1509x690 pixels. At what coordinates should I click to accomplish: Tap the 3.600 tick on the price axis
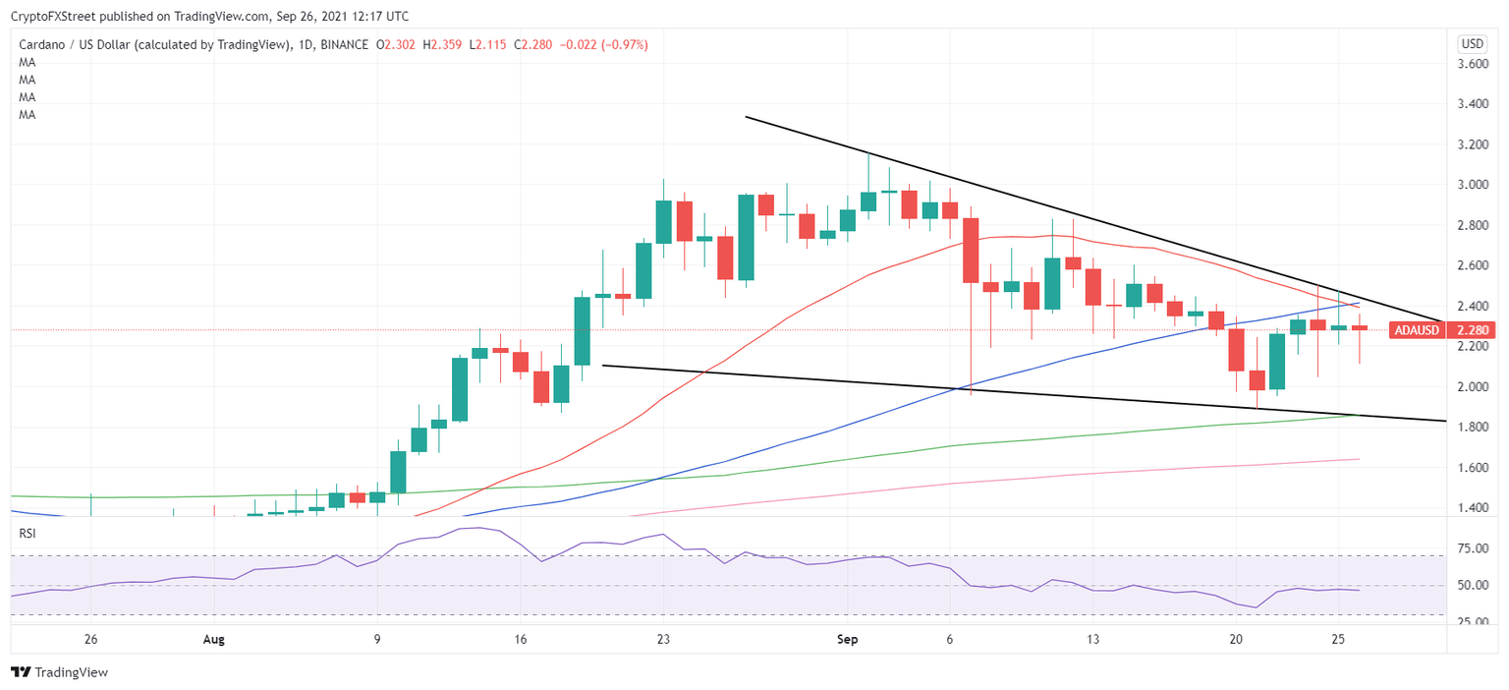tap(1472, 64)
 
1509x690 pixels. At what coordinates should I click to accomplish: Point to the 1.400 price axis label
tap(1472, 508)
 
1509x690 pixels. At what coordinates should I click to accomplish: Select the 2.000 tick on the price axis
tap(1472, 387)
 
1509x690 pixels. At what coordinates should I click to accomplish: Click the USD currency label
tap(1473, 43)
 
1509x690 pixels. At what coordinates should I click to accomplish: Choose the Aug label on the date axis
tap(213, 639)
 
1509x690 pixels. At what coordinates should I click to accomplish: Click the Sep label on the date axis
tap(848, 639)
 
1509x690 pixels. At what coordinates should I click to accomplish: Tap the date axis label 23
tap(664, 639)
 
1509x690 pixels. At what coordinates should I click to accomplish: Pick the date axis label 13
tap(1092, 639)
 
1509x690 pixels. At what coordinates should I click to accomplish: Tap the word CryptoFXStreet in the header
tap(59, 17)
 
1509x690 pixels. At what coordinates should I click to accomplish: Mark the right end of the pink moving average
tap(1359, 459)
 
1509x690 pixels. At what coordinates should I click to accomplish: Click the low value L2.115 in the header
tap(487, 44)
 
